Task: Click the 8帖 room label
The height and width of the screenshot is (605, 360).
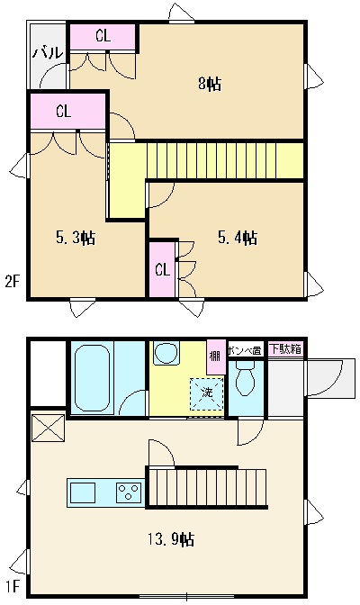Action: pyautogui.click(x=210, y=85)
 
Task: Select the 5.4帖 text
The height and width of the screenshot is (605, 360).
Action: pyautogui.click(x=238, y=239)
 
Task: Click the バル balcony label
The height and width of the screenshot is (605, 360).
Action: pyautogui.click(x=48, y=53)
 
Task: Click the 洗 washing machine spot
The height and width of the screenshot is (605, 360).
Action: pyautogui.click(x=206, y=393)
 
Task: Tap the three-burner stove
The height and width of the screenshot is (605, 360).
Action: pyautogui.click(x=128, y=492)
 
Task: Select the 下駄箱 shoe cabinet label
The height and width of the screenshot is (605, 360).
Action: pyautogui.click(x=285, y=348)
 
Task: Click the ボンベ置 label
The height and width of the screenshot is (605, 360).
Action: pyautogui.click(x=245, y=349)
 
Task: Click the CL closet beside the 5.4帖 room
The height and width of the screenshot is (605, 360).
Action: pyautogui.click(x=162, y=269)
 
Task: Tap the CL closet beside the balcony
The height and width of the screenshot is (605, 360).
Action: pyautogui.click(x=103, y=36)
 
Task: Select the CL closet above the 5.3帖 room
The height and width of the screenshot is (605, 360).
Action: pyautogui.click(x=63, y=112)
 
